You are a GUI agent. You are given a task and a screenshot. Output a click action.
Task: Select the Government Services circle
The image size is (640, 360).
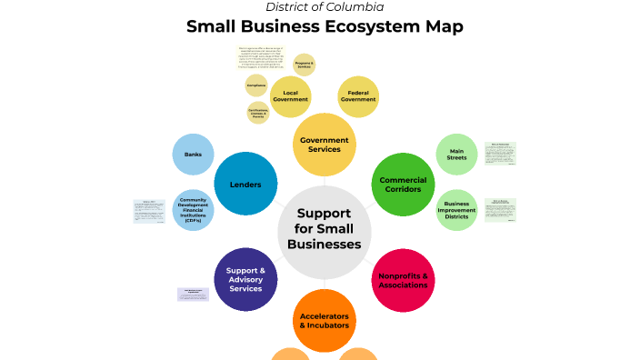(325, 145)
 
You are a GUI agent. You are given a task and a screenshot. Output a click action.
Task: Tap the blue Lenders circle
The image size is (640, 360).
(245, 185)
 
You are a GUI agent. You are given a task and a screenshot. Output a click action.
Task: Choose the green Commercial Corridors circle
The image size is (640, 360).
(403, 185)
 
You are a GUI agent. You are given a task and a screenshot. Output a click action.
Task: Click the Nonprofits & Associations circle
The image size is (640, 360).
(403, 280)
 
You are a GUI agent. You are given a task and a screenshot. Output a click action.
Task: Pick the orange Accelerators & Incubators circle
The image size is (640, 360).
(325, 320)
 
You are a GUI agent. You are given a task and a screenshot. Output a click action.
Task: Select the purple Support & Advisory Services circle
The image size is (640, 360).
(245, 280)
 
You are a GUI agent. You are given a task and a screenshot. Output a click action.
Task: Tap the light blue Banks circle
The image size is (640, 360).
(193, 155)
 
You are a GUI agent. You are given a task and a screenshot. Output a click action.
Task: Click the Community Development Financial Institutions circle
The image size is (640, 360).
(193, 210)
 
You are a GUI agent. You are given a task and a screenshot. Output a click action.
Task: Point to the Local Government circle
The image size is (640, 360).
(290, 96)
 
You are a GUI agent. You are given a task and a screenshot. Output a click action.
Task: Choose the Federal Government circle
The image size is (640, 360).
(358, 96)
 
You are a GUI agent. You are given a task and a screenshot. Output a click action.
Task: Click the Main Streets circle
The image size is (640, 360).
(457, 155)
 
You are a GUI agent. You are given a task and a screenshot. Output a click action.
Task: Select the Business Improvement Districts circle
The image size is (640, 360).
(457, 210)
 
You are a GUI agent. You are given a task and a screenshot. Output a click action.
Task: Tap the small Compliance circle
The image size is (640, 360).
(256, 85)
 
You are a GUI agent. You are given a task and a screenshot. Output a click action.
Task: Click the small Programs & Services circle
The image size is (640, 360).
(305, 64)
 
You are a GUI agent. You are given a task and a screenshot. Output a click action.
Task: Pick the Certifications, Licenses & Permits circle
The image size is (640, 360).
(258, 113)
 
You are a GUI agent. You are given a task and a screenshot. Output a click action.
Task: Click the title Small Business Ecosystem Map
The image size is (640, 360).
(325, 26)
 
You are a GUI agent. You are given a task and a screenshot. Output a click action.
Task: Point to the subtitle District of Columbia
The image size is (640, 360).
(325, 7)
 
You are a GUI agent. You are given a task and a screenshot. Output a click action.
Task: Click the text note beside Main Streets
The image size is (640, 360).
(501, 154)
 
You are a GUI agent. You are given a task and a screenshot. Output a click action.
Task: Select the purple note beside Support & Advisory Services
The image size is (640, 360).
(193, 294)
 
